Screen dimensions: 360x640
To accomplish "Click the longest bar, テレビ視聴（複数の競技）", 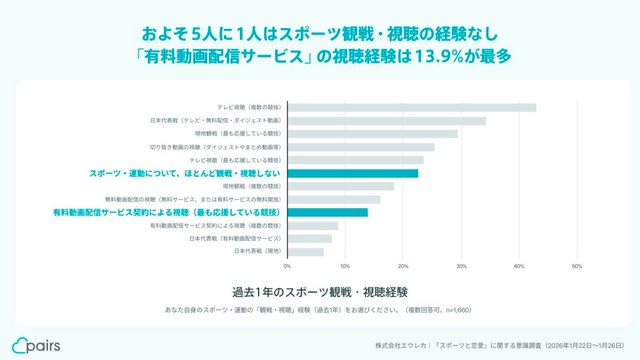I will pyautogui.click(x=411, y=107).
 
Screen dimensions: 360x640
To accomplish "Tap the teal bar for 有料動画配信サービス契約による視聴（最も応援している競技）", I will pyautogui.click(x=327, y=212).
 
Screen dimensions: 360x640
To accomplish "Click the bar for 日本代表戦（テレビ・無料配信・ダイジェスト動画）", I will pyautogui.click(x=386, y=120).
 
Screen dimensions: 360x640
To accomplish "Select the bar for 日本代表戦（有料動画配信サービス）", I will pyautogui.click(x=309, y=238).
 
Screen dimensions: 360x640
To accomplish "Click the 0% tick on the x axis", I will pyautogui.click(x=288, y=267).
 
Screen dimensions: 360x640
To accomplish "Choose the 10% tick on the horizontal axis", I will pyautogui.click(x=346, y=267).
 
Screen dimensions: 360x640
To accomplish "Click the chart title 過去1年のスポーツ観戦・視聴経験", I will pyautogui.click(x=319, y=292).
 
